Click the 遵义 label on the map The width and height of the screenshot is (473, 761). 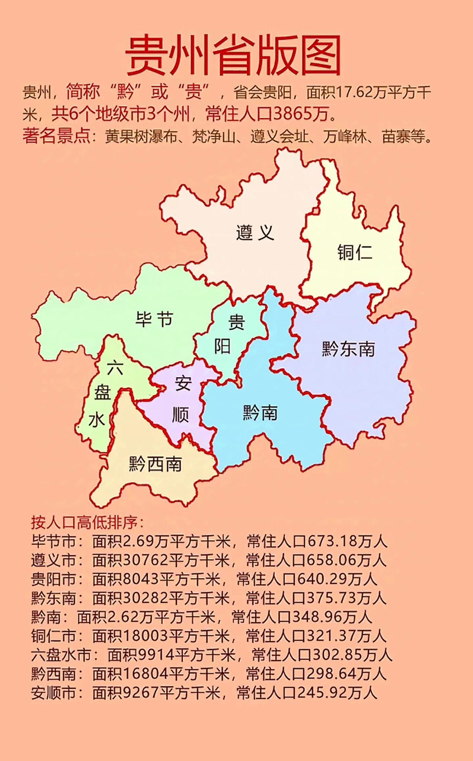coord(255,233)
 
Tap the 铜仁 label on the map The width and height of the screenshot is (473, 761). coord(354,253)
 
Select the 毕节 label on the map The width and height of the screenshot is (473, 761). coord(154,319)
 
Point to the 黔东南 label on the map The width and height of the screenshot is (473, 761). coord(348,349)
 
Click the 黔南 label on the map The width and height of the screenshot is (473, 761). coord(260,413)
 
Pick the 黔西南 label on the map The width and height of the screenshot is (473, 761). coord(155,464)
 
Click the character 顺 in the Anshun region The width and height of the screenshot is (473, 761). coord(181,415)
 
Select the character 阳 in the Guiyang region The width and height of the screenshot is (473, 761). coord(222,346)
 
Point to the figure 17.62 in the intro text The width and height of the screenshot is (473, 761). coord(354,92)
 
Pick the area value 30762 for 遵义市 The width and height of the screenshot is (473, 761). coord(146,560)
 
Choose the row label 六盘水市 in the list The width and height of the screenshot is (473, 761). coord(61,655)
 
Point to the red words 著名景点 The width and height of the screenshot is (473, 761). coord(56,136)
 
